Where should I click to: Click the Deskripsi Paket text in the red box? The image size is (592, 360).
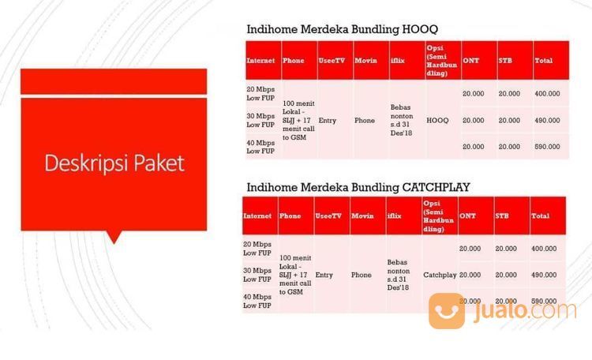(114, 163)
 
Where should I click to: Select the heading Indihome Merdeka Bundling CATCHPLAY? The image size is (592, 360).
(359, 186)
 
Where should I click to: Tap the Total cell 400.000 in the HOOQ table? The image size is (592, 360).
(547, 94)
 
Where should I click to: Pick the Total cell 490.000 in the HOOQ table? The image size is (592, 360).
(547, 120)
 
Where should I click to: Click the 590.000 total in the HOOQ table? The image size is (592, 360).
(547, 146)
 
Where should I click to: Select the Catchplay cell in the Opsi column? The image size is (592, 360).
(440, 275)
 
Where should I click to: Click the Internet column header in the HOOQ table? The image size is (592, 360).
(261, 60)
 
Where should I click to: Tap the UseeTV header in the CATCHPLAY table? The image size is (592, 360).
(329, 216)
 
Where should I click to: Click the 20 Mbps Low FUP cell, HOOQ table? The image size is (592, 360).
(260, 93)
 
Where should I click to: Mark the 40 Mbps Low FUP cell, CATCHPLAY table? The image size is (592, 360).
(258, 301)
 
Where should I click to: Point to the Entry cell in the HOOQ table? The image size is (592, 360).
(328, 120)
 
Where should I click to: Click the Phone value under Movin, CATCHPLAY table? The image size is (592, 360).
(362, 275)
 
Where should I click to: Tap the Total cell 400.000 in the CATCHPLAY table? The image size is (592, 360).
(544, 249)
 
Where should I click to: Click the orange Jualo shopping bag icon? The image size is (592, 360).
(447, 309)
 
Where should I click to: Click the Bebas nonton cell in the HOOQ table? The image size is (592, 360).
(403, 120)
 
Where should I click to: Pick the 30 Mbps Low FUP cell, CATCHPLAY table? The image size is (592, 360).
(258, 275)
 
